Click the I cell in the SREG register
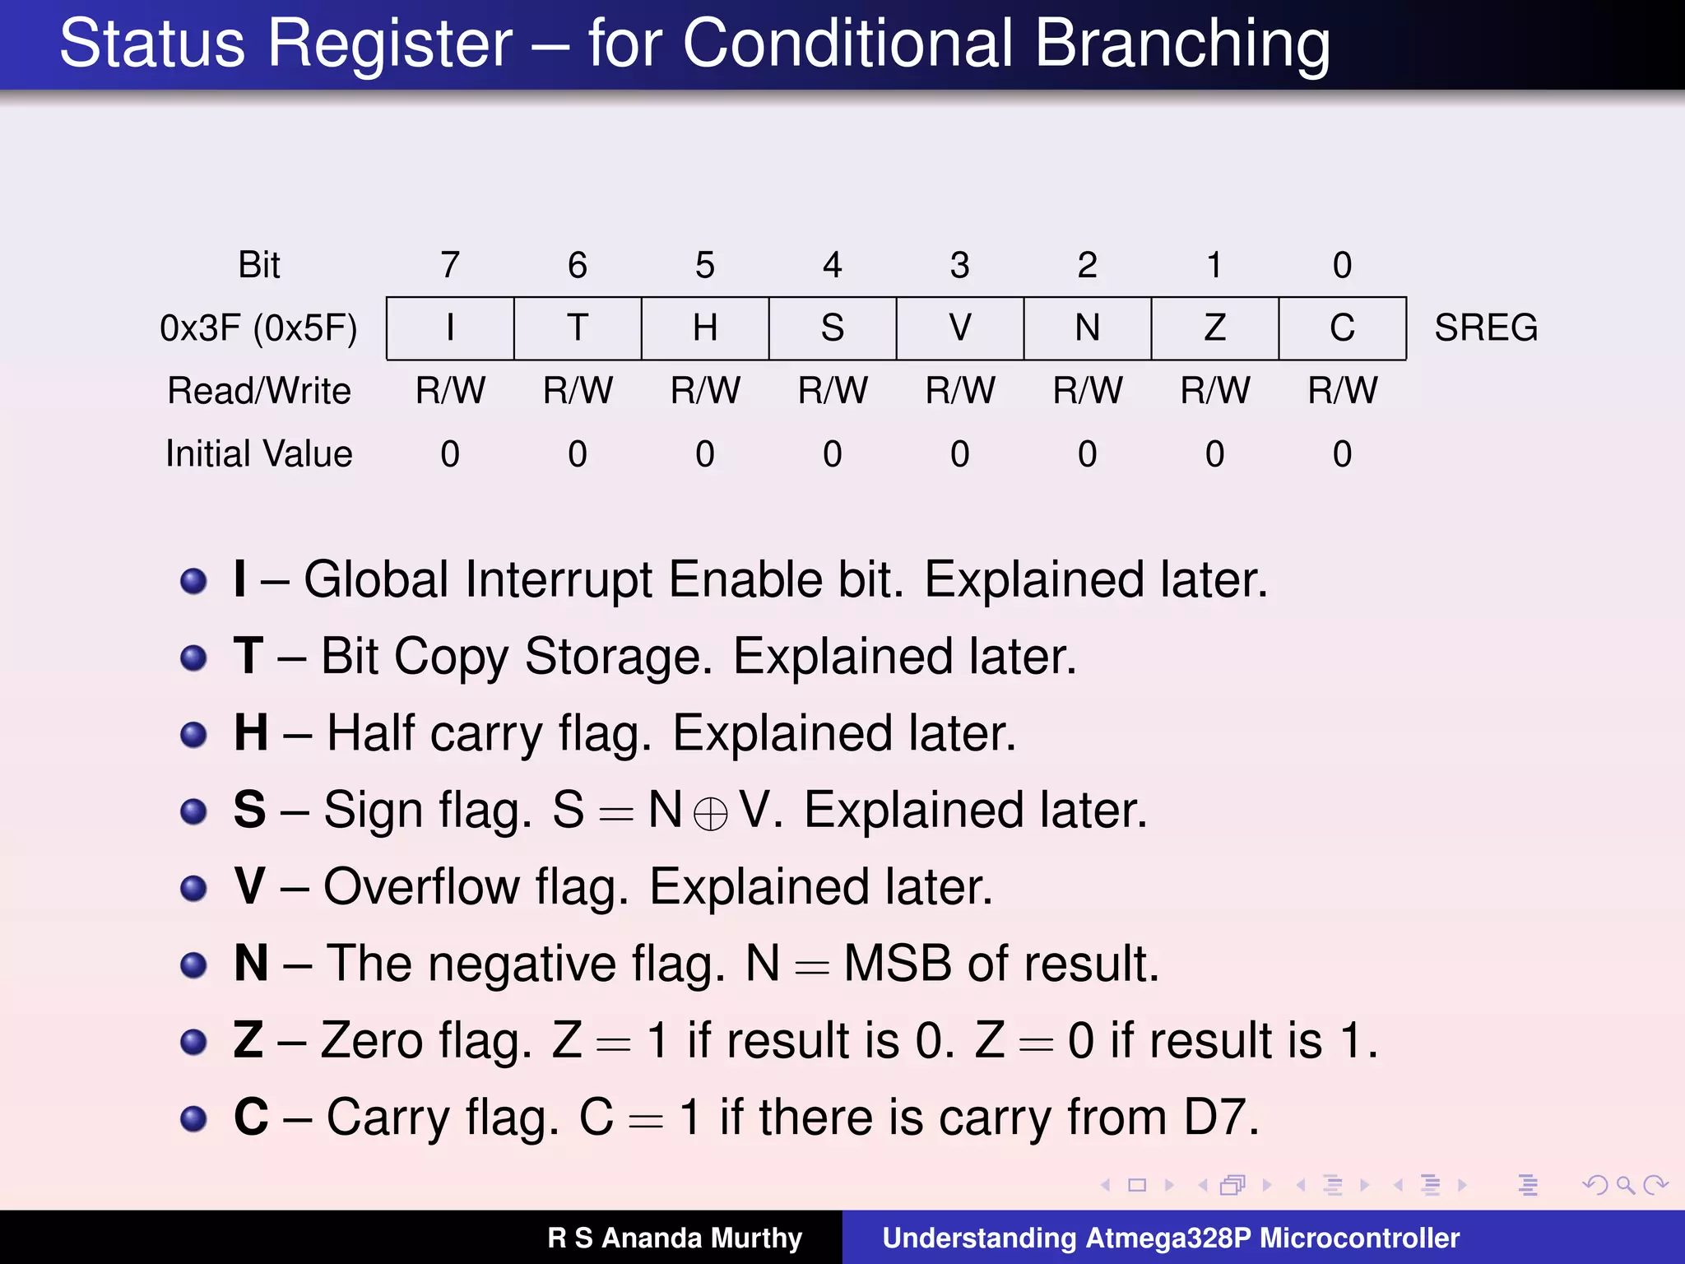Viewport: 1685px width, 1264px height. point(450,328)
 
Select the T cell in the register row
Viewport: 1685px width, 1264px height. point(578,328)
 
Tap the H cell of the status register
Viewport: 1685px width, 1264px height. point(705,328)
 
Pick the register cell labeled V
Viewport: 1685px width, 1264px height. point(960,328)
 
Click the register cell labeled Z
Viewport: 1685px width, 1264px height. point(1215,328)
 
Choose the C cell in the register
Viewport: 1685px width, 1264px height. point(1342,328)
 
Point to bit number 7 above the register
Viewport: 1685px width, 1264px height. point(450,265)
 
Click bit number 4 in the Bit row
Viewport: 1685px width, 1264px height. point(833,265)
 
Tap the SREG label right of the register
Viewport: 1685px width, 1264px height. point(1486,328)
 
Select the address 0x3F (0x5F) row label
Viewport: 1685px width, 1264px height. point(258,328)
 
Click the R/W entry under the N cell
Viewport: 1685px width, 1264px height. point(1088,391)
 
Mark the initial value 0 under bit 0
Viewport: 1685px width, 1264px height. point(1342,454)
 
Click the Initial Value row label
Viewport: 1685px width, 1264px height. point(258,454)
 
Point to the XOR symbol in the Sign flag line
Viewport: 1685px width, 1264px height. point(710,815)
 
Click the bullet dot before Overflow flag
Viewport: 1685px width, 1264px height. point(193,888)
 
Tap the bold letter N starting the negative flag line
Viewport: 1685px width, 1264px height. point(251,963)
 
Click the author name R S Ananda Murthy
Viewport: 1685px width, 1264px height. point(675,1238)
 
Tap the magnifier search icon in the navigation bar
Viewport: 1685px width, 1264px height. point(1625,1185)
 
